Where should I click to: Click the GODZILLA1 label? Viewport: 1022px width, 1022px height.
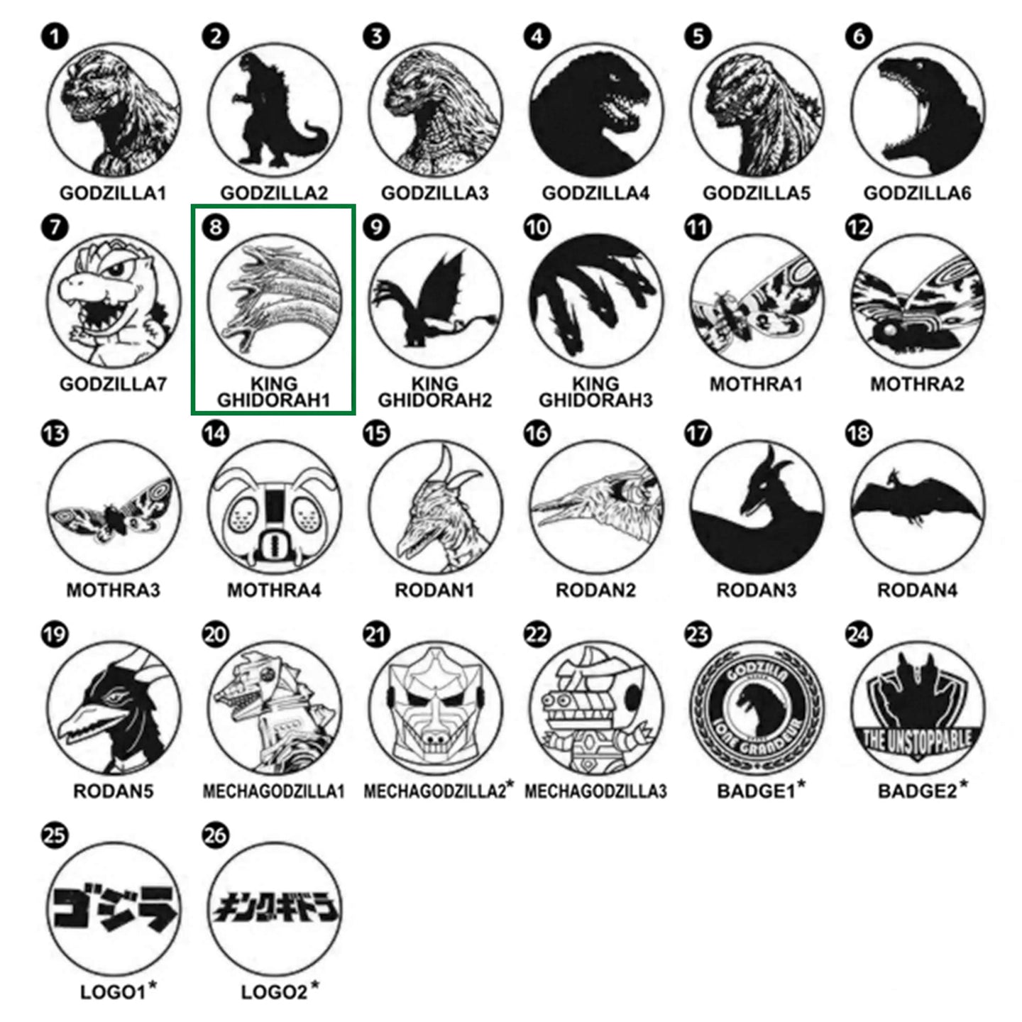tap(113, 193)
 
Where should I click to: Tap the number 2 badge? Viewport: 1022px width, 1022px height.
tap(216, 36)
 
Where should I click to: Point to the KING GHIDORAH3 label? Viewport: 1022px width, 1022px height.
tap(595, 392)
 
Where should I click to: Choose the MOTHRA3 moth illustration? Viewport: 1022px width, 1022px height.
tap(114, 509)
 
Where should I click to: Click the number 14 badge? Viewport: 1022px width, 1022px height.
tap(216, 433)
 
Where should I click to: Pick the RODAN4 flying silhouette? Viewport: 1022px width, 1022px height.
tap(918, 505)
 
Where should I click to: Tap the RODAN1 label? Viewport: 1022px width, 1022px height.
tap(434, 590)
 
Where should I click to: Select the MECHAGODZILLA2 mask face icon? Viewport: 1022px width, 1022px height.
tap(435, 708)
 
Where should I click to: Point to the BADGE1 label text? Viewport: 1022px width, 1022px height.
tap(756, 791)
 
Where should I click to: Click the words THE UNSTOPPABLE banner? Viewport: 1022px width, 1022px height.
tap(917, 740)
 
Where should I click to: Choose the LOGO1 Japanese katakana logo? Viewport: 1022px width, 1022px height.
tap(114, 909)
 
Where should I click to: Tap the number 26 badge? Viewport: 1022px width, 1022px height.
tap(216, 835)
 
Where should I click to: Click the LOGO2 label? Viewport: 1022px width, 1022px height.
tap(274, 992)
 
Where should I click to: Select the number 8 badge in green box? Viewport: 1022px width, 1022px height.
tap(216, 227)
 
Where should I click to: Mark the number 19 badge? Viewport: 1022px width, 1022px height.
tap(55, 634)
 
